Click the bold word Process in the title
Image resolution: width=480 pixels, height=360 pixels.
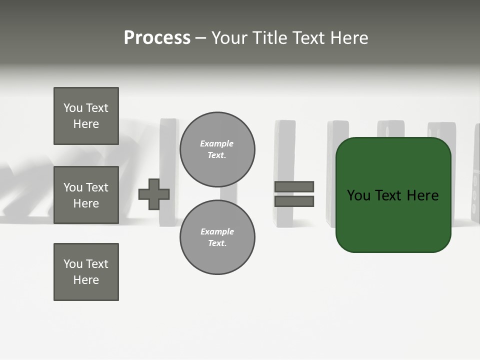pyautogui.click(x=157, y=38)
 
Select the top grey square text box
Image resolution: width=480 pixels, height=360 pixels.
pyautogui.click(x=86, y=116)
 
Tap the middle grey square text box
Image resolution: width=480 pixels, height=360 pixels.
pyautogui.click(x=86, y=195)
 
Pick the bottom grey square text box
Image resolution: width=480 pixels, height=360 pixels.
pyautogui.click(x=86, y=272)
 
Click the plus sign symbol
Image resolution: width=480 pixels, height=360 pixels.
pyautogui.click(x=154, y=194)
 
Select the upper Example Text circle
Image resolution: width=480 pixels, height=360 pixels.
pyautogui.click(x=217, y=149)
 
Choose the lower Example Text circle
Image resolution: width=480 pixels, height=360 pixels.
pyautogui.click(x=217, y=237)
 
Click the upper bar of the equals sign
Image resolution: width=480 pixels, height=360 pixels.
pyautogui.click(x=294, y=186)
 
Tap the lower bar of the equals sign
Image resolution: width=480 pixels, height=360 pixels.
pyautogui.click(x=294, y=201)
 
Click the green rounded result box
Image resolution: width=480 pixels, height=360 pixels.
pyautogui.click(x=393, y=220)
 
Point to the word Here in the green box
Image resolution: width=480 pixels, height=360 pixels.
pyautogui.click(x=422, y=195)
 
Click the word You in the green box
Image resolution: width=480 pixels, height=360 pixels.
pyautogui.click(x=359, y=195)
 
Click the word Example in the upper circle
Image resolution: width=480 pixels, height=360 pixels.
pyautogui.click(x=217, y=143)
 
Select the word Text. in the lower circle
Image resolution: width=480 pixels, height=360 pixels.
pyautogui.click(x=217, y=243)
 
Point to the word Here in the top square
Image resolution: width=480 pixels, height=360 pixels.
pyautogui.click(x=86, y=124)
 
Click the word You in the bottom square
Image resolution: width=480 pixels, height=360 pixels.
pyautogui.click(x=73, y=264)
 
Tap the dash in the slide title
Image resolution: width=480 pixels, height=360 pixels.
pyautogui.click(x=200, y=38)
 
